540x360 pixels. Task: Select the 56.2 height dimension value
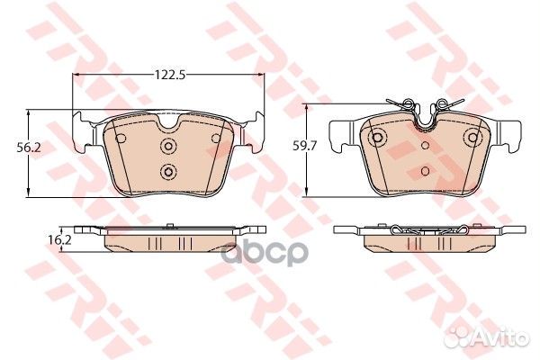tap(29, 148)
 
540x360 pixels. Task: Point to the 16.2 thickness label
tap(59, 239)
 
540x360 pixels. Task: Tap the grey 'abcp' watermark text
tap(264, 253)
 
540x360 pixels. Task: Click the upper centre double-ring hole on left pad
tap(168, 146)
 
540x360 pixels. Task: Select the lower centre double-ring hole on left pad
tap(168, 171)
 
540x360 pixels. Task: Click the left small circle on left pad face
tap(121, 139)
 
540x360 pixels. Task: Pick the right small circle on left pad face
tap(216, 139)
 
